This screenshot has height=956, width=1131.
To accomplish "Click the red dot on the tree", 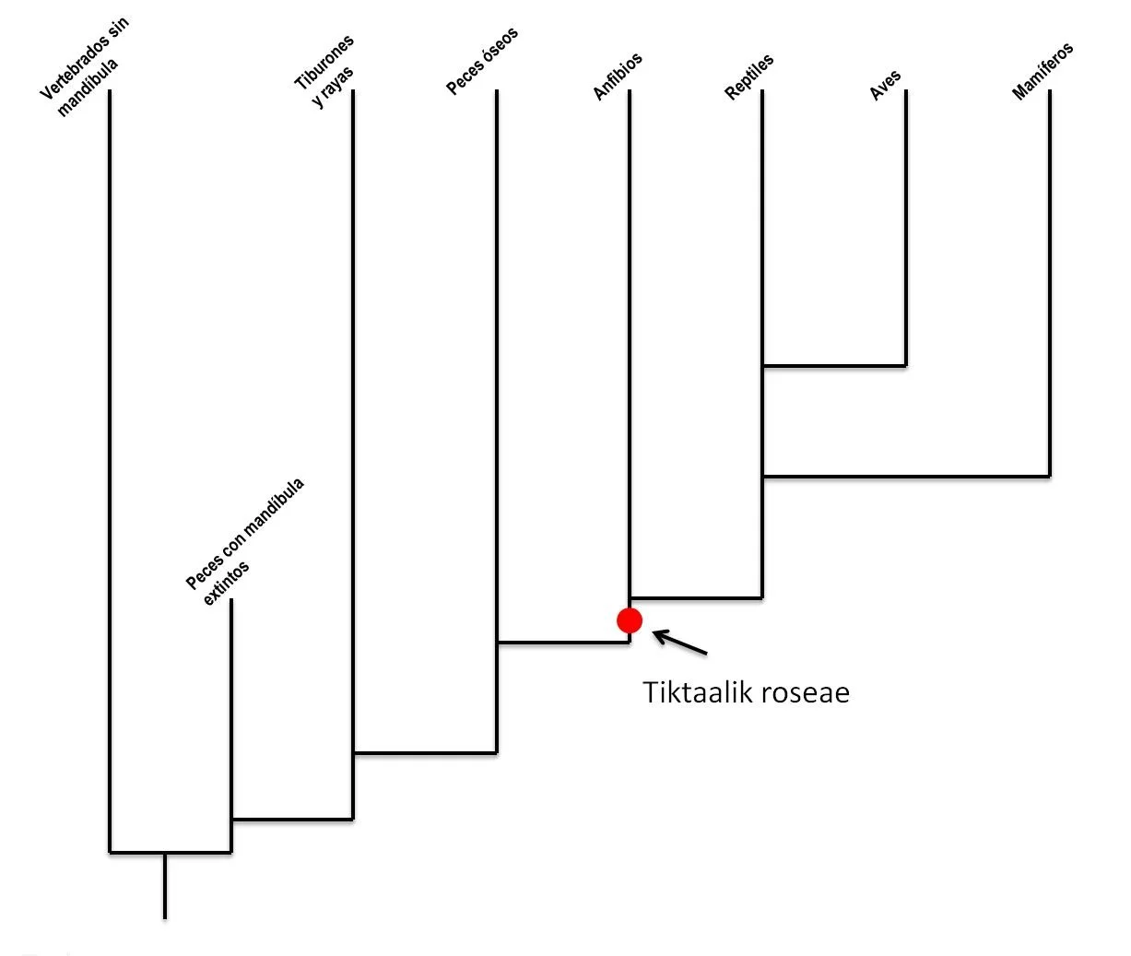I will coord(630,620).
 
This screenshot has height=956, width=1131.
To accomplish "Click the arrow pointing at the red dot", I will coord(680,643).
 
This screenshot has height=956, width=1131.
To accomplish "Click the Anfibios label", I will coord(617,77).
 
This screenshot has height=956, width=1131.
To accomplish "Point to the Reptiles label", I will coord(749,77).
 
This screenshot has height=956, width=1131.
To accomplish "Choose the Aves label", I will coord(885,86).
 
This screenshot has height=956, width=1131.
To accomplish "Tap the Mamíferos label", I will coord(1043,72).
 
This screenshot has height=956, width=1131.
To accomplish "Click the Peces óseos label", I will coord(482,62).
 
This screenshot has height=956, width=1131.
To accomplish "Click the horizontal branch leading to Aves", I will coord(834,366).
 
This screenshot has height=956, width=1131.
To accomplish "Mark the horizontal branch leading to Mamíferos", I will coord(906,477).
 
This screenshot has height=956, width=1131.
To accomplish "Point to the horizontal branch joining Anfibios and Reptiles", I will coord(696,598).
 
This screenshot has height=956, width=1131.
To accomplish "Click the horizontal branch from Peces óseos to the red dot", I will coord(563,642).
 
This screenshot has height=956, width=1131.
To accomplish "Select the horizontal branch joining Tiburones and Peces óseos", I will coord(425,753).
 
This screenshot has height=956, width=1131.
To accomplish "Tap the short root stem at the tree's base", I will coord(165,885).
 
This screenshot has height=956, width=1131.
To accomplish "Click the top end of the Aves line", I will coord(906,91).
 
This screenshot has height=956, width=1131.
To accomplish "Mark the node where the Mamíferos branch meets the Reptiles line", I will coord(763,477).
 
